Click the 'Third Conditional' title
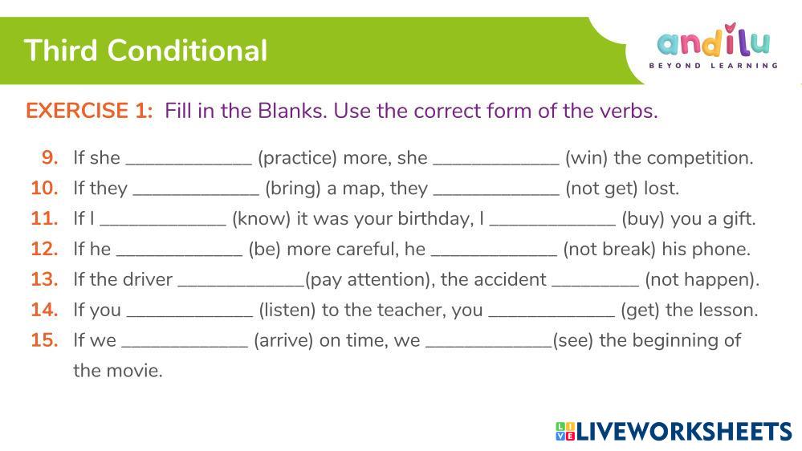[146, 51]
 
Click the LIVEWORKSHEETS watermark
[674, 431]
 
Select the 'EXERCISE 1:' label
[89, 111]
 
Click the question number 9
[50, 157]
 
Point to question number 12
[44, 249]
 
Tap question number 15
[44, 340]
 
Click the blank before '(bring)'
[196, 194]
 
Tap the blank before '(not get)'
[496, 194]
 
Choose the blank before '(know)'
[163, 225]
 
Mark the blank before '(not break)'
[494, 255]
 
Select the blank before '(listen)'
[189, 316]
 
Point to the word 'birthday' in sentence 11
[436, 219]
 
